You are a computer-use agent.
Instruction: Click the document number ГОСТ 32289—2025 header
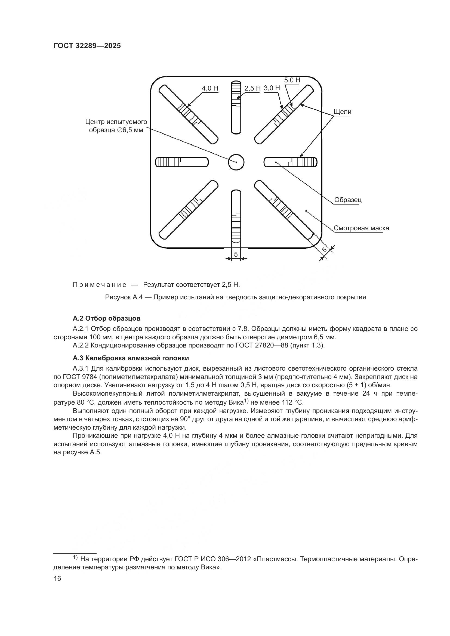87,46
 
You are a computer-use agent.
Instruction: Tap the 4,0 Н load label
210,88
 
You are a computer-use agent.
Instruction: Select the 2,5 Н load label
252,88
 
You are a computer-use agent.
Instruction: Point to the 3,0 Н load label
272,88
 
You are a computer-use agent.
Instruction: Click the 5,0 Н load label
292,80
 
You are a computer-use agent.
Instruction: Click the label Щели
342,112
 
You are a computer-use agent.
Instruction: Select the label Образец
348,200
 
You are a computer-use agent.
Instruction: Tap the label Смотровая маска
361,228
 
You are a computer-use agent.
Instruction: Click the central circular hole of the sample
236,162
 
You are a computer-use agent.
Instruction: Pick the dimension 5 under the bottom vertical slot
236,254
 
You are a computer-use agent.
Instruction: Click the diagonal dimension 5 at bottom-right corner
325,250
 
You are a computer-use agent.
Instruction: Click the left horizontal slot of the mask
182,162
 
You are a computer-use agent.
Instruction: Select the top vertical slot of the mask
236,107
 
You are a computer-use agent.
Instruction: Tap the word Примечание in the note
100,285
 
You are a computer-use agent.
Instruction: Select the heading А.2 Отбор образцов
106,318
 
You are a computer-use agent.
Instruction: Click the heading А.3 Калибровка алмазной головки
131,358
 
